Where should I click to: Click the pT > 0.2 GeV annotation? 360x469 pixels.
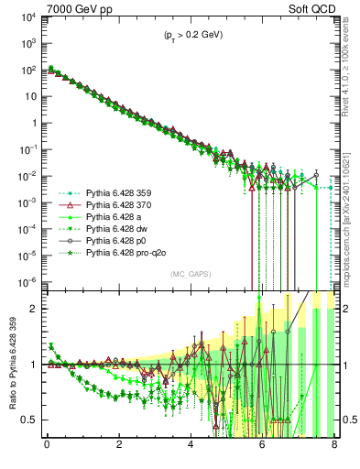point(192,35)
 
